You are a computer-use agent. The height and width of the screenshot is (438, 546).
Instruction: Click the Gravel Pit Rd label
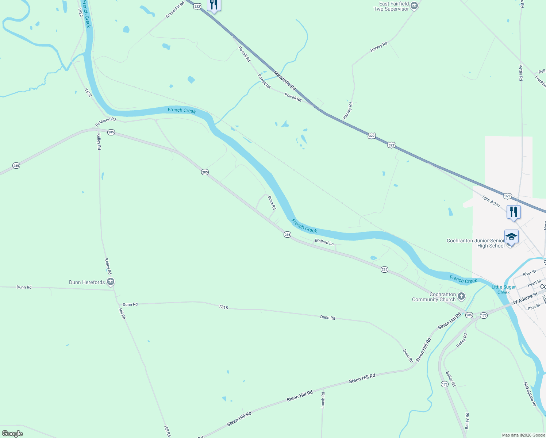click(x=175, y=9)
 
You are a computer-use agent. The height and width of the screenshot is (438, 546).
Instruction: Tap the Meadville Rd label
click(x=285, y=81)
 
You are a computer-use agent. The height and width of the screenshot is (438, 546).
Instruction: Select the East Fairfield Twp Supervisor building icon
click(x=414, y=6)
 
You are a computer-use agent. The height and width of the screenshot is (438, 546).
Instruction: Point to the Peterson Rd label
click(x=105, y=122)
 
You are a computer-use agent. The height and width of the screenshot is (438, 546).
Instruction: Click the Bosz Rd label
click(x=272, y=203)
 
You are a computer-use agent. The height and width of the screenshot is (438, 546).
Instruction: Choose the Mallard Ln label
click(x=324, y=242)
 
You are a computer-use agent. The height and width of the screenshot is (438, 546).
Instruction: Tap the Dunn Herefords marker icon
click(x=111, y=282)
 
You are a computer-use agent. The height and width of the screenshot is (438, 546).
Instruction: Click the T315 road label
click(x=223, y=307)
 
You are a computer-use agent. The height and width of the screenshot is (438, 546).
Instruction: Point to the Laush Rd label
click(x=323, y=400)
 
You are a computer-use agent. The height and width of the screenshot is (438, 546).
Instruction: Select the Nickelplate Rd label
click(x=530, y=394)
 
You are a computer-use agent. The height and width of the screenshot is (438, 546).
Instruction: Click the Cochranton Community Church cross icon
click(x=461, y=296)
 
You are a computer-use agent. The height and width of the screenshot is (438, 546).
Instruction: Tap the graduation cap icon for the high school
click(x=511, y=237)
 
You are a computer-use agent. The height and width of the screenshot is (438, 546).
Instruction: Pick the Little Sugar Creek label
click(x=504, y=289)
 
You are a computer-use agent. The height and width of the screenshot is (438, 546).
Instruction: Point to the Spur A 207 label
click(x=491, y=201)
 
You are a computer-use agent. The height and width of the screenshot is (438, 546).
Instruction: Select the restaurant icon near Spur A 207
click(x=514, y=212)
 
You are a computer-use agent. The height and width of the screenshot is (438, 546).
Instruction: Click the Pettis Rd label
click(x=521, y=72)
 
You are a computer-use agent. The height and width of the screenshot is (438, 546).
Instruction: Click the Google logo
click(x=12, y=434)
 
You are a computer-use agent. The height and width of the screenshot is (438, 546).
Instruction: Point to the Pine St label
click(x=534, y=307)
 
